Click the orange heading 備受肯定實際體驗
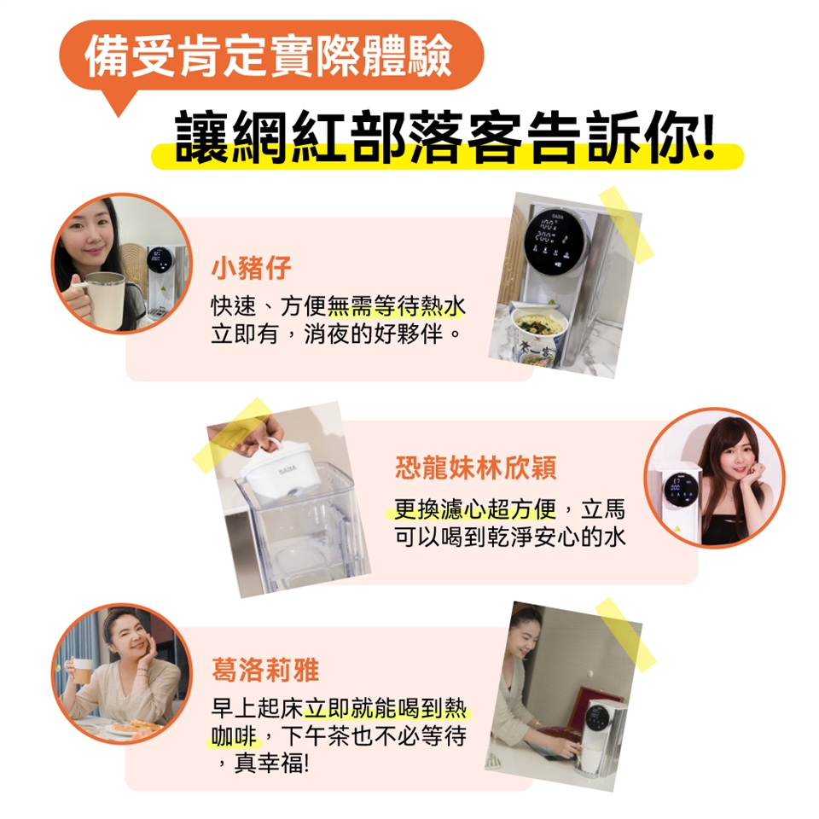click(x=268, y=55)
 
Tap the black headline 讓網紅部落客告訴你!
click(x=444, y=136)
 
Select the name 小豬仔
click(x=251, y=269)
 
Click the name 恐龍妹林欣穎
click(x=475, y=468)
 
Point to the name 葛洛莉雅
click(x=265, y=671)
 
